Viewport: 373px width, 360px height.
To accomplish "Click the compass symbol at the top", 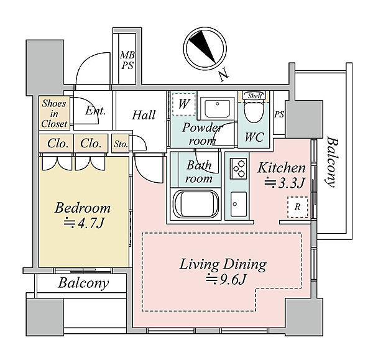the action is coord(205,48).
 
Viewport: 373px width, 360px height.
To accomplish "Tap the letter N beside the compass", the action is coord(224,75).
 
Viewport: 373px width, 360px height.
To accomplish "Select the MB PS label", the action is coord(127,60).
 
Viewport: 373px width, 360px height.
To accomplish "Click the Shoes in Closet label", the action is coord(54,114).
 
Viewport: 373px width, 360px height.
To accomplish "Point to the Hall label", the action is coord(144,115).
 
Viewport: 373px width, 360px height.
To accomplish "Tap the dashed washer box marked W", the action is coord(184,104).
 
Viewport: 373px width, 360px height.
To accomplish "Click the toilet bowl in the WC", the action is coord(254,111).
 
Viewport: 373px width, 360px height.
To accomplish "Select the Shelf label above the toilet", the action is coord(254,96).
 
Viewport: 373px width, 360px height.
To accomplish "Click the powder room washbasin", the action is coord(218,108).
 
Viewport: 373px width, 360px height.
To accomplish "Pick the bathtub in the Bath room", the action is coord(196,203).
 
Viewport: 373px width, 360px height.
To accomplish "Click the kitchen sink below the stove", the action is coord(238,204).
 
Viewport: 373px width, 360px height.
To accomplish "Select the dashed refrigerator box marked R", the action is coord(298,207).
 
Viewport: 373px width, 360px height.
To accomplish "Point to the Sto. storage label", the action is coord(121,144).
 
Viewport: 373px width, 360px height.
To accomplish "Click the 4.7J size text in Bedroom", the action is coord(84,223).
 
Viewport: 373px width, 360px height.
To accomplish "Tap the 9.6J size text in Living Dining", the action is coord(225,279).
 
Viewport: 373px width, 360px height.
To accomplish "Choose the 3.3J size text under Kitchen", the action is coord(285,183).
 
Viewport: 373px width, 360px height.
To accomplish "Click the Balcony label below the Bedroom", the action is coord(83,283).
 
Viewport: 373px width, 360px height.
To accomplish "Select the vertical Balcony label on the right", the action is coord(331,162).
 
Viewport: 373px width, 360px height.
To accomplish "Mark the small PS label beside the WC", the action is coord(279,114).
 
